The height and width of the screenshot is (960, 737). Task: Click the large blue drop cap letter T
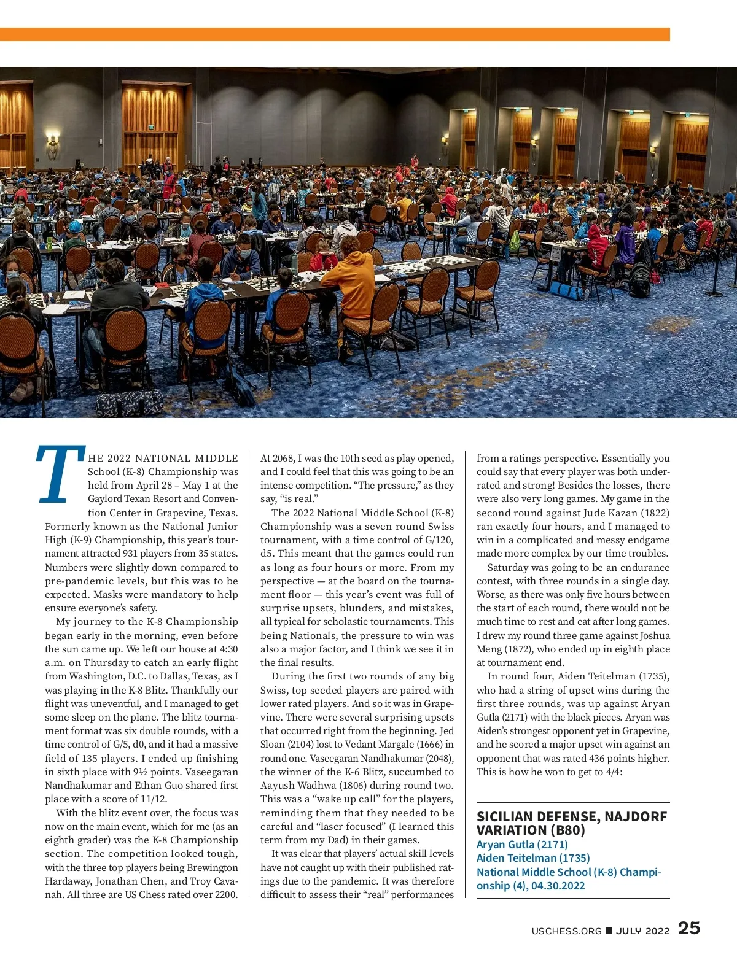pyautogui.click(x=60, y=473)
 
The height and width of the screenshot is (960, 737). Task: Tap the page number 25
pyautogui.click(x=688, y=928)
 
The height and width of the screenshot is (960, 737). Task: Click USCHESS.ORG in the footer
pyautogui.click(x=566, y=931)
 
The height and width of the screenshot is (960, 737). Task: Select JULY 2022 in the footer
pyautogui.click(x=642, y=931)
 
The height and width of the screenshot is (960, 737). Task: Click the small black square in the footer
pyautogui.click(x=609, y=931)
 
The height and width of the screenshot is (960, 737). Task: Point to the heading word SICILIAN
pyautogui.click(x=507, y=816)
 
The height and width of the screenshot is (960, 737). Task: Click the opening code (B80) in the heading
pyautogui.click(x=569, y=830)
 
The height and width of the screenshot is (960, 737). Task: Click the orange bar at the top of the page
pyautogui.click(x=335, y=34)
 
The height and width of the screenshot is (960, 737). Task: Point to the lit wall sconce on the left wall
pyautogui.click(x=53, y=142)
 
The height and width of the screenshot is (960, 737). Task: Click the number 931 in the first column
pyautogui.click(x=130, y=554)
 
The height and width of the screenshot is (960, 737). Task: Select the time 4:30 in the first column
pyautogui.click(x=228, y=649)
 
